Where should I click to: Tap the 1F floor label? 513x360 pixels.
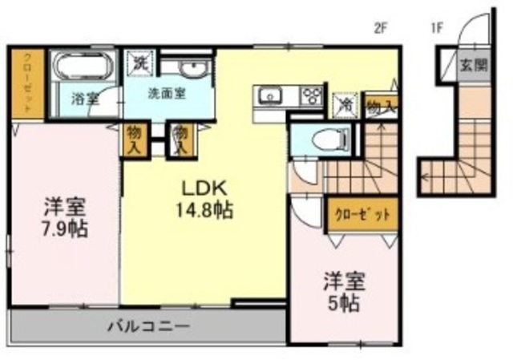[x=437, y=26]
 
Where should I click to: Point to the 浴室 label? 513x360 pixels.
[x=84, y=100]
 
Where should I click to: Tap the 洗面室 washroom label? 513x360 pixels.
[x=167, y=92]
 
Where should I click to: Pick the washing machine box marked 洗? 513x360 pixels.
[x=140, y=61]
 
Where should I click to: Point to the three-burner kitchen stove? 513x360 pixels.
[x=311, y=97]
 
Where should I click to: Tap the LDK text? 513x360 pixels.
[x=205, y=190]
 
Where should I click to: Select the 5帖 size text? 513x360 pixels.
[x=345, y=304]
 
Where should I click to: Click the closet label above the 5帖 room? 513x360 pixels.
[x=362, y=215]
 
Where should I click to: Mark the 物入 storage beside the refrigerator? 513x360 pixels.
[x=381, y=105]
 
